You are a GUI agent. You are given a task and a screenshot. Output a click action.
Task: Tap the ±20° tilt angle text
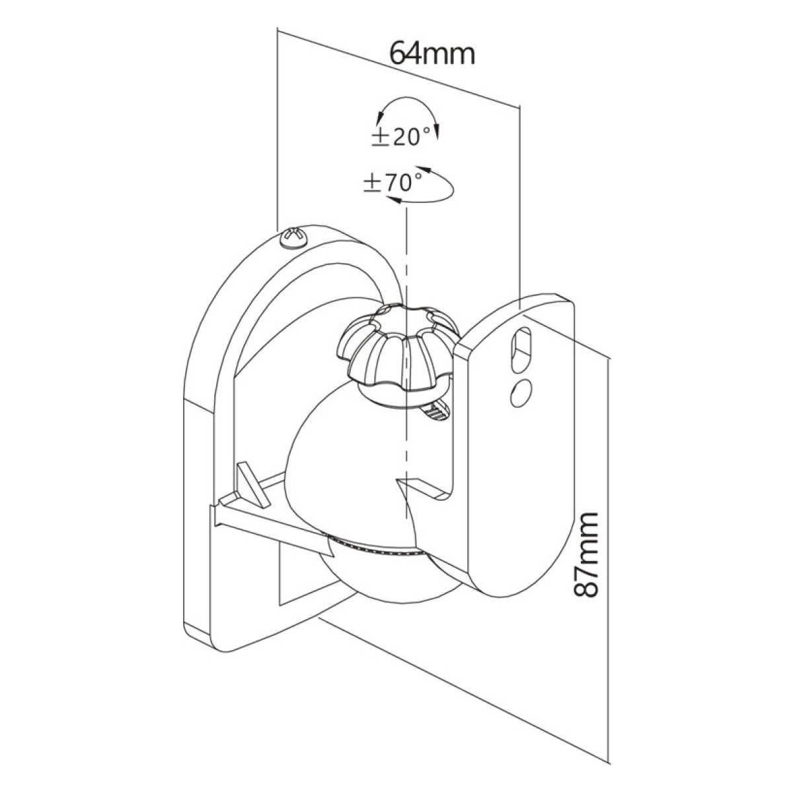[x=401, y=137]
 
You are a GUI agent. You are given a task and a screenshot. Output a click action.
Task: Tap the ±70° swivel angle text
[x=393, y=182]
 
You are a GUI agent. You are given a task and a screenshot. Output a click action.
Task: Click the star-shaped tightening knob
[x=397, y=346]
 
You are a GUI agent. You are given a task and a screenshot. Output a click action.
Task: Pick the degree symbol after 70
[x=418, y=177]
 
